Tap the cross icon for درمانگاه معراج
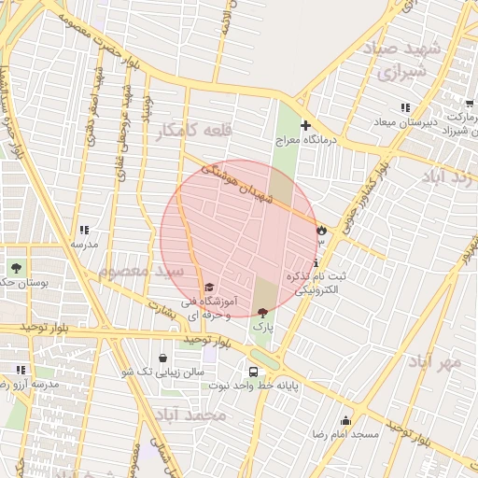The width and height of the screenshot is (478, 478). pyautogui.click(x=304, y=125)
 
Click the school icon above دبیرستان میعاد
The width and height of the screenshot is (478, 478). pyautogui.click(x=405, y=108)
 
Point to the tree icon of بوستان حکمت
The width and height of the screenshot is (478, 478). pyautogui.click(x=16, y=268)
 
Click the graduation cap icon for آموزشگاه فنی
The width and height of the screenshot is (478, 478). pyautogui.click(x=209, y=287)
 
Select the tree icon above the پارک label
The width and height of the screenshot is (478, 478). pyautogui.click(x=261, y=313)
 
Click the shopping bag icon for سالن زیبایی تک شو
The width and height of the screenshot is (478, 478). pyautogui.click(x=163, y=358)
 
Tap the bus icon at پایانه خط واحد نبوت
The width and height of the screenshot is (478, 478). pyautogui.click(x=253, y=371)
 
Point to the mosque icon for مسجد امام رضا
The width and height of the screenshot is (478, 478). pyautogui.click(x=346, y=420)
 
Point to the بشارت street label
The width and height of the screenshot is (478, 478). pyautogui.click(x=168, y=309)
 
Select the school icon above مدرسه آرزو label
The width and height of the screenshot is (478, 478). pyautogui.click(x=20, y=370)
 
